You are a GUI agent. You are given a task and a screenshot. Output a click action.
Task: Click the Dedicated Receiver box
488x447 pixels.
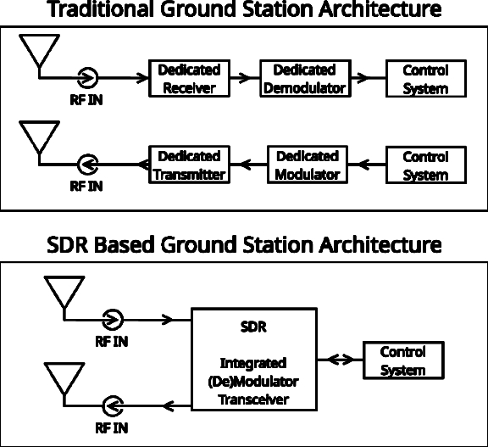(189, 78)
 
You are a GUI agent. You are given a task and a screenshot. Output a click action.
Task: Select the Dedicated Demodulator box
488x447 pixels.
(305, 78)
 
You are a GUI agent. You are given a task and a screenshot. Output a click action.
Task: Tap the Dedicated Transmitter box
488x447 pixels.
(189, 165)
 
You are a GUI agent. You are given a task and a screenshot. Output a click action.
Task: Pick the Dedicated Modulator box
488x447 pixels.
(308, 165)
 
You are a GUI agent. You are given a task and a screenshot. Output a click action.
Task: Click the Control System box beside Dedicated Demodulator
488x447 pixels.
(426, 79)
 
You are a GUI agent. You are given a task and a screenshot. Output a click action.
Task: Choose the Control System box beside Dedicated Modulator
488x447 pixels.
(426, 165)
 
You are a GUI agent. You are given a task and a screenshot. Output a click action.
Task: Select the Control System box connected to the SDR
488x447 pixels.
(403, 360)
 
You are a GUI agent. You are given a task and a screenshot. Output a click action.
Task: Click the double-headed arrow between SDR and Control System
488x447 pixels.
(341, 360)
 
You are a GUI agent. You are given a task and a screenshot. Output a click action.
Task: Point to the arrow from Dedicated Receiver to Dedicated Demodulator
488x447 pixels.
(245, 77)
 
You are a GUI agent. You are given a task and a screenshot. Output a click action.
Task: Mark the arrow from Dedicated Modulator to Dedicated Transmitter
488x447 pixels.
(249, 165)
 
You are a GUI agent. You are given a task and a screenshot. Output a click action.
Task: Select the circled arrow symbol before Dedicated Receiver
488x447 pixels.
(87, 77)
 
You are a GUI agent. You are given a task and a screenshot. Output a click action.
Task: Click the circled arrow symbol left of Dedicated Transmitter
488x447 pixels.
(87, 165)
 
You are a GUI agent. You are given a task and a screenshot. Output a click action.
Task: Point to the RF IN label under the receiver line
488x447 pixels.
(86, 100)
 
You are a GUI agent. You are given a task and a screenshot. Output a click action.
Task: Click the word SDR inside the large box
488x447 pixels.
(253, 327)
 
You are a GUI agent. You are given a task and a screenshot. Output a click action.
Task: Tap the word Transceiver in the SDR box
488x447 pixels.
(253, 400)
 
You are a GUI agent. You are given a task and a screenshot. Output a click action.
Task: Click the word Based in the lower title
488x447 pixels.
(125, 244)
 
